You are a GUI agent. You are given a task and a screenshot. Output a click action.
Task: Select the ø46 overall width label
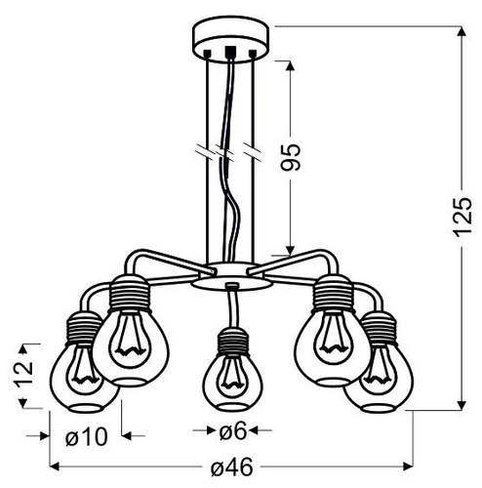coord(232,468)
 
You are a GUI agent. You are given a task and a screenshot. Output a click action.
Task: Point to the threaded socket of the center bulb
coord(230,343)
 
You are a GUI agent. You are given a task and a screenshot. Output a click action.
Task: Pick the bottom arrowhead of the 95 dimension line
coord(291,248)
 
